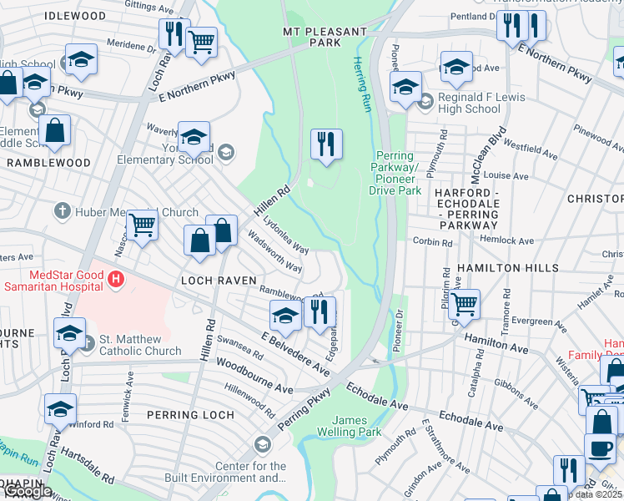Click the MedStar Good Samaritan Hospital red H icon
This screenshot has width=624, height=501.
coord(116,278)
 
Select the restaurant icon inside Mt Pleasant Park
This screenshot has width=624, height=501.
coord(326,144)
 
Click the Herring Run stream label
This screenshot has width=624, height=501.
coord(360,85)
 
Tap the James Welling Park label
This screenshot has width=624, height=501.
coord(349,425)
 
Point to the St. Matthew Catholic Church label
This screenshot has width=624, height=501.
coord(140,345)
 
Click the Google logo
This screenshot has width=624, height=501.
coord(27,492)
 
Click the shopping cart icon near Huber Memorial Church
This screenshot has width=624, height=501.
coord(143,224)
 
